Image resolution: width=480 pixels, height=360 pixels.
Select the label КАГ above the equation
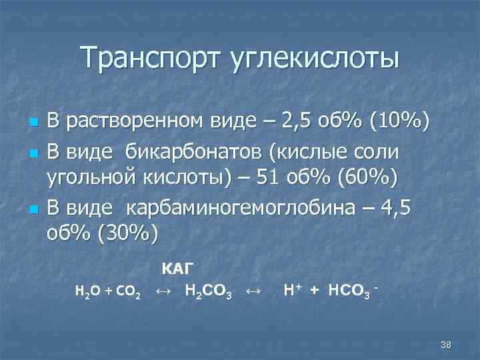pyautogui.click(x=178, y=269)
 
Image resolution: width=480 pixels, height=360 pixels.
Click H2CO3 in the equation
pyautogui.click(x=207, y=291)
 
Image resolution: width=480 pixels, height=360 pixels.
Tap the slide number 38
pyautogui.click(x=446, y=344)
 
